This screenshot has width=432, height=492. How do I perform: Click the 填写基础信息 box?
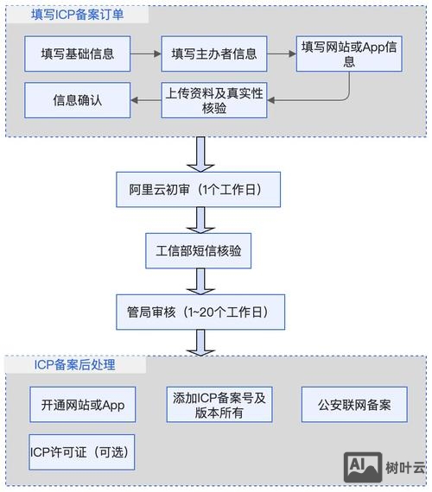point(77,54)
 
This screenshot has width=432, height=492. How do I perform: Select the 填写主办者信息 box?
point(213,54)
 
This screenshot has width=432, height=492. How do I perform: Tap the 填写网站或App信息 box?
point(349,54)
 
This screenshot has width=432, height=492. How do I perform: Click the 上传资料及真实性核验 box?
point(213,100)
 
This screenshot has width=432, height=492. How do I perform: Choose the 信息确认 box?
point(77,100)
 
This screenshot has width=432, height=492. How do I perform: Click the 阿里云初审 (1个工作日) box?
point(199,189)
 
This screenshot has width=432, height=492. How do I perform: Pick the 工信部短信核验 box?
point(199,250)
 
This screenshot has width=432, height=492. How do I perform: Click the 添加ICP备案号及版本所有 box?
point(219,405)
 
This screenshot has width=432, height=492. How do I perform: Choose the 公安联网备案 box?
point(354,405)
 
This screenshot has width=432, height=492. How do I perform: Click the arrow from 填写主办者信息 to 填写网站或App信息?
point(281,54)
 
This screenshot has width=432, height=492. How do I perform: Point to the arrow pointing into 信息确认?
point(144,100)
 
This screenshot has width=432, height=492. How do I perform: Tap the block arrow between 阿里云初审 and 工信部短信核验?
point(201,219)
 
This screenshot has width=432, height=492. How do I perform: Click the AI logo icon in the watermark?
point(362,467)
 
